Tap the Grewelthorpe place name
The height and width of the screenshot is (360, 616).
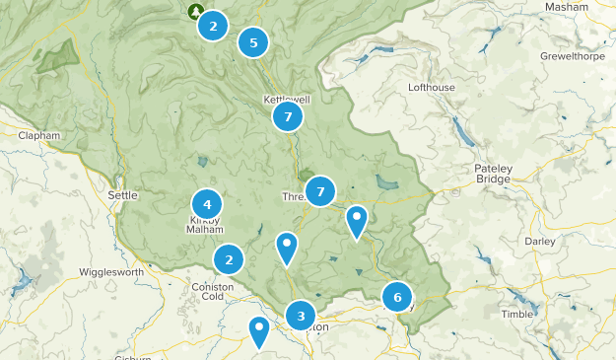click(573, 56)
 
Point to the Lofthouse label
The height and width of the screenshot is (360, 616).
click(432, 87)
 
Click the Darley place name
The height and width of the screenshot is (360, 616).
click(540, 241)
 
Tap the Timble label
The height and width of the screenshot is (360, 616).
click(516, 314)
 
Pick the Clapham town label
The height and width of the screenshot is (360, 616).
click(39, 135)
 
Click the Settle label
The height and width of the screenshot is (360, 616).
click(122, 195)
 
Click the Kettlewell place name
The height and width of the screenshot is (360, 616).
click(287, 100)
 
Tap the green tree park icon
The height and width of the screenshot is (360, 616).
click(194, 11)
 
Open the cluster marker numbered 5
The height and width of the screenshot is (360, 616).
click(253, 42)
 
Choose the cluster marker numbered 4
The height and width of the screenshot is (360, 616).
click(207, 204)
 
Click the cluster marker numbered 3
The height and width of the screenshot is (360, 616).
click(301, 316)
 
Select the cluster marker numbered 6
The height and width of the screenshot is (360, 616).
click(397, 296)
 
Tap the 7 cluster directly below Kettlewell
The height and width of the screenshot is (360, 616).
click(287, 117)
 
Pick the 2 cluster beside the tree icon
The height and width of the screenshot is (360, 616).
click(213, 27)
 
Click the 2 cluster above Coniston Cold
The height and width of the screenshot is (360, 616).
click(229, 260)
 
